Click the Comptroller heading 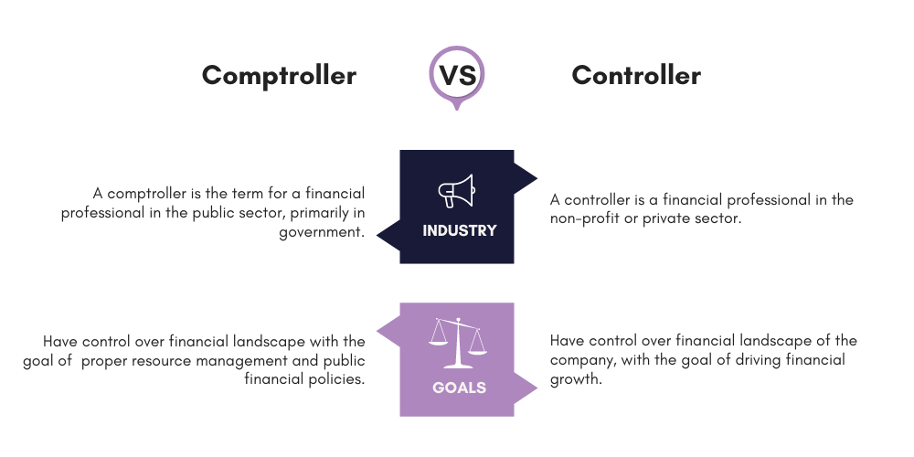pyautogui.click(x=279, y=75)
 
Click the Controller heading pyautogui.click(x=636, y=75)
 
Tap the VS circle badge pyautogui.click(x=457, y=75)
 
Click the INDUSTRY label pyautogui.click(x=459, y=230)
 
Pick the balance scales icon pyautogui.click(x=457, y=338)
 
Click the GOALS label pyautogui.click(x=459, y=387)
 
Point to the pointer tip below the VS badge pyautogui.click(x=457, y=109)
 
